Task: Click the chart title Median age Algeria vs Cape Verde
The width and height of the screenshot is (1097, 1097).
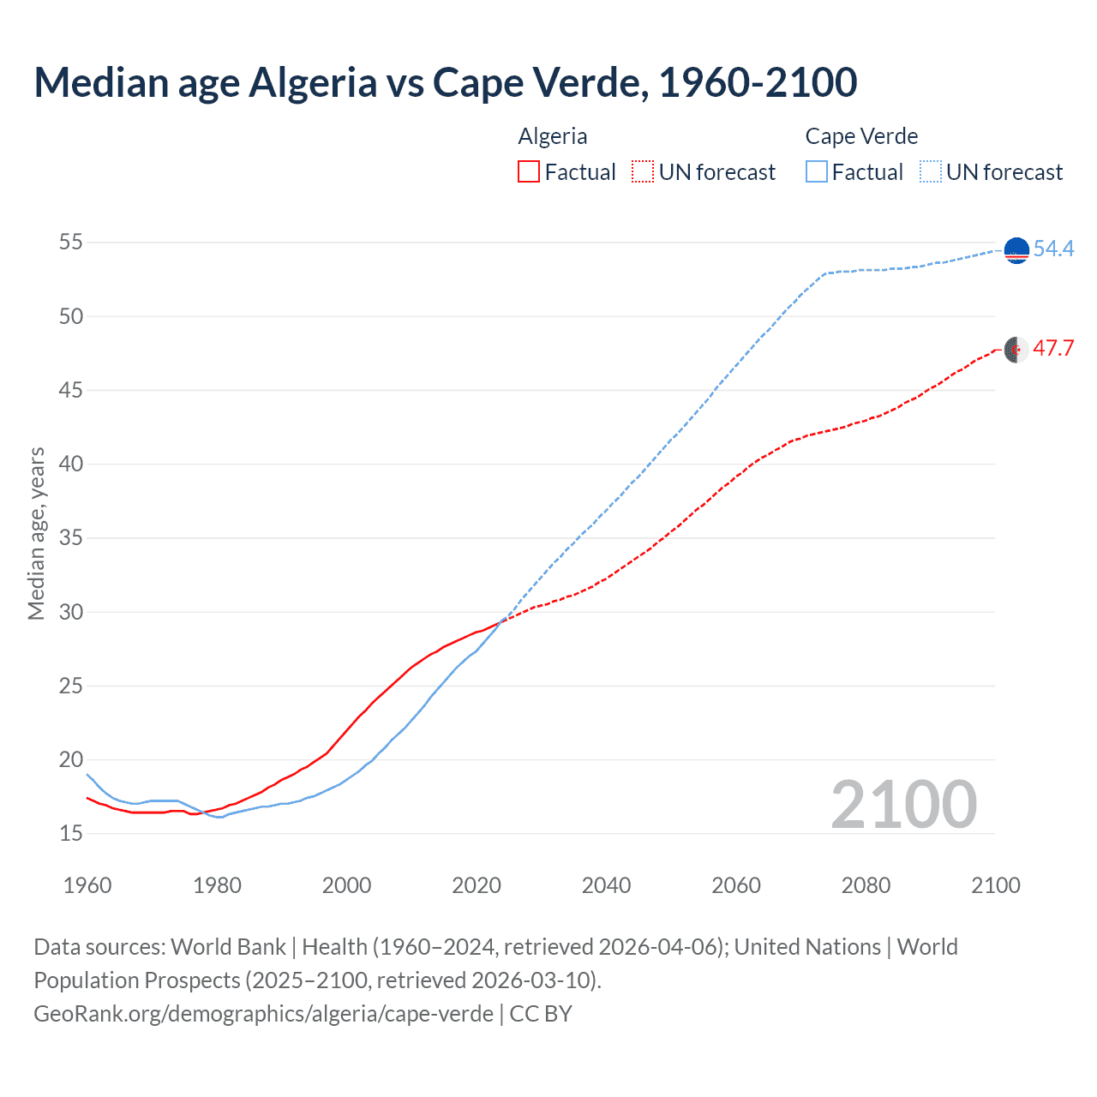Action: click(445, 83)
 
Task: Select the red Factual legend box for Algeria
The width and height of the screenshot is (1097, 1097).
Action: click(529, 172)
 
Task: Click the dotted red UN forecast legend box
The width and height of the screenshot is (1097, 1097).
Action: click(643, 172)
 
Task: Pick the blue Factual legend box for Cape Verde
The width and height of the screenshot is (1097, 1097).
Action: click(817, 172)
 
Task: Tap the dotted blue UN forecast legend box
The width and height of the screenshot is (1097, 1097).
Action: click(931, 172)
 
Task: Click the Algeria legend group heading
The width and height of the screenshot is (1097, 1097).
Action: click(553, 136)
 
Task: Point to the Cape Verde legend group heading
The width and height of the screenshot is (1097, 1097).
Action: click(861, 136)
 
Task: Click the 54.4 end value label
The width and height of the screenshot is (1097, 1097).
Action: click(1053, 249)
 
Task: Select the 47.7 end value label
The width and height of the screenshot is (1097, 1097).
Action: click(1053, 349)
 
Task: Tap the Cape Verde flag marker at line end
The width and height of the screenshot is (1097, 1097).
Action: click(1016, 250)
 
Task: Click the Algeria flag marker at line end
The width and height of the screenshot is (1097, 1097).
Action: click(1016, 350)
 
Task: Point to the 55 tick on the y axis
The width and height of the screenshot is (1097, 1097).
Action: click(71, 243)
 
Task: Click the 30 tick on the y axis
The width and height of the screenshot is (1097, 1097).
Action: click(71, 612)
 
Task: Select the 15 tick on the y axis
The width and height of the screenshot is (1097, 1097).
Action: click(71, 834)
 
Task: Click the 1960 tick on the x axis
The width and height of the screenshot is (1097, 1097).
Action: click(87, 885)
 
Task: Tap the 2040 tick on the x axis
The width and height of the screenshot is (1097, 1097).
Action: click(606, 885)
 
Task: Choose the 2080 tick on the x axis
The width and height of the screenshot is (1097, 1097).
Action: click(866, 885)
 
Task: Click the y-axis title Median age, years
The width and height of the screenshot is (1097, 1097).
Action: click(36, 533)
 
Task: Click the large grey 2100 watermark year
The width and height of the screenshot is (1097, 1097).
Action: click(903, 805)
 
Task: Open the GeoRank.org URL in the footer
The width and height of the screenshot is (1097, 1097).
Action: click(263, 1014)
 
